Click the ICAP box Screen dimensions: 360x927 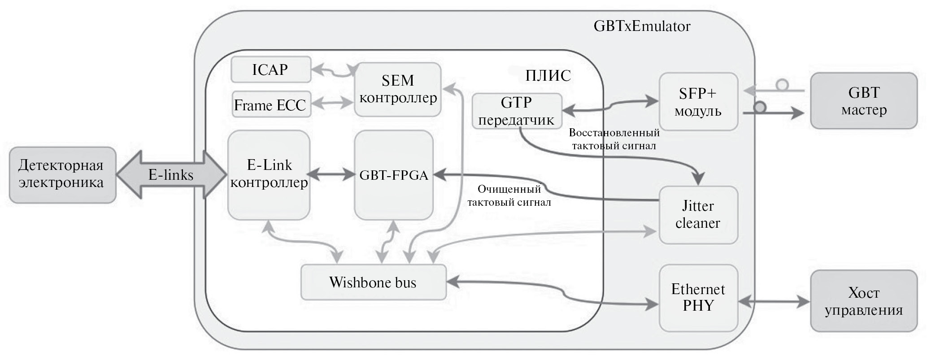270,69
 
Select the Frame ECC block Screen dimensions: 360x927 271,104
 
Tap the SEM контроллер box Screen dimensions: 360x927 398,89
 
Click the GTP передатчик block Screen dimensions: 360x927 517,111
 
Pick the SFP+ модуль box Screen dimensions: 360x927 698,102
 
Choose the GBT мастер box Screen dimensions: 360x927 863,101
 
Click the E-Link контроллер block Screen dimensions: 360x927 269,174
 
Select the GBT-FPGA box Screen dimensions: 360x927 394,175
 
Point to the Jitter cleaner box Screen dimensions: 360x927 698,214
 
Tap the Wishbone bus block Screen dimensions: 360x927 373,282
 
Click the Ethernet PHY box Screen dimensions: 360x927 698,298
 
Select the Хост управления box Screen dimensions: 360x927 863,301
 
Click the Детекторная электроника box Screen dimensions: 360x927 62,174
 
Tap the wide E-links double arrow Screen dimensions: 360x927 171,174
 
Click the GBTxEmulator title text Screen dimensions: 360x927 642,26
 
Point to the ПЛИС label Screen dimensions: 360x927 548,76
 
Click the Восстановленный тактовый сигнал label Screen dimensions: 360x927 614,139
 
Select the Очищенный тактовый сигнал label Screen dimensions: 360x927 509,195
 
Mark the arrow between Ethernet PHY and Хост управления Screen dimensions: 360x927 774,302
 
